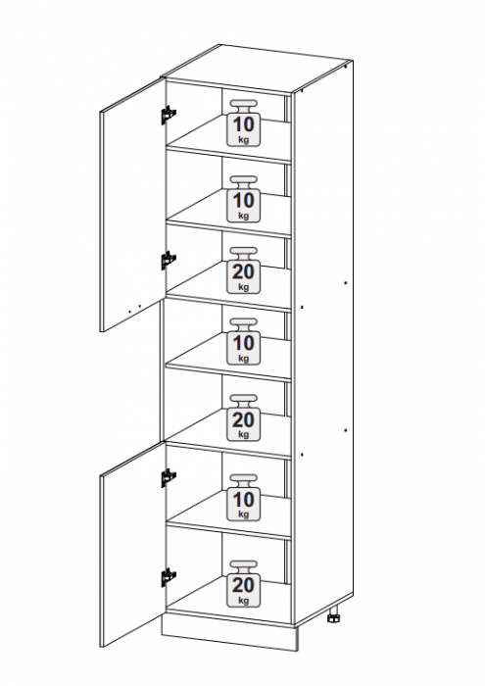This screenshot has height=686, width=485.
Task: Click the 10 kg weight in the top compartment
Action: coord(243,122)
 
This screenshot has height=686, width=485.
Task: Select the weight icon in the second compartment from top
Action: coord(243,199)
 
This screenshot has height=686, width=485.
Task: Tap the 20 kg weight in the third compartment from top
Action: coord(243,270)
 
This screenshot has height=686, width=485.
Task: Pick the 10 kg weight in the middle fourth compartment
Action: coord(243,342)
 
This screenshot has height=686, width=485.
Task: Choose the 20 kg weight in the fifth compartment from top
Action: coord(243,417)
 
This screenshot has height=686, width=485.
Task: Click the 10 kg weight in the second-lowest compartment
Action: coord(243,498)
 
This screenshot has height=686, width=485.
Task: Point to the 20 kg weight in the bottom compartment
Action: coord(243,584)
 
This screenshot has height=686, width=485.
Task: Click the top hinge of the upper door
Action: coord(168,115)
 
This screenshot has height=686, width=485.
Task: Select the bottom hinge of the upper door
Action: coord(168,261)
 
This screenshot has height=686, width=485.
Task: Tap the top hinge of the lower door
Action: coord(169,478)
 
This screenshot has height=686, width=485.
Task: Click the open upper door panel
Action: coord(132,206)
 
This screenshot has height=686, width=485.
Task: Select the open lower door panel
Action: coord(132,545)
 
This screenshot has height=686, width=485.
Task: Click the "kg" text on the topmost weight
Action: coord(244,139)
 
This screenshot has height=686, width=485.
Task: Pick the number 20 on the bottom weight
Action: coord(243,585)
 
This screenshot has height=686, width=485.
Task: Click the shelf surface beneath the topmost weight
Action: coord(229,135)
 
